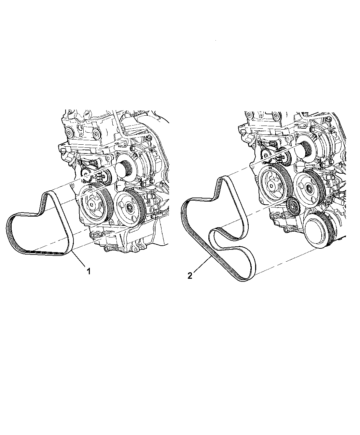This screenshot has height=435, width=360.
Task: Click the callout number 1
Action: pyautogui.click(x=89, y=271)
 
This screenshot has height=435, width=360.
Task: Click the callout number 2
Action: pyautogui.click(x=190, y=276)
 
